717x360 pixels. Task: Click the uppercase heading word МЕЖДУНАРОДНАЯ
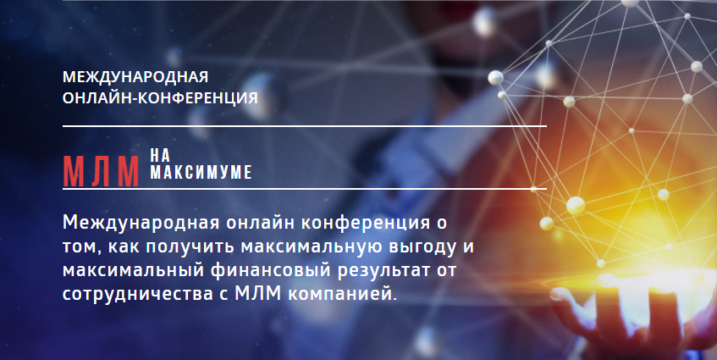[135, 77]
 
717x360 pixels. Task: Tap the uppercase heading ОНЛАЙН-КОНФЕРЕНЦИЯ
[160, 98]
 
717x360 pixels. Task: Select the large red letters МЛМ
[101, 172]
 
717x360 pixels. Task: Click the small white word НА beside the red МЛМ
[160, 156]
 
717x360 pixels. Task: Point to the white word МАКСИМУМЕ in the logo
[201, 173]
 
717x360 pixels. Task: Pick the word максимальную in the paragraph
[311, 247]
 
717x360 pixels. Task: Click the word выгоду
[422, 247]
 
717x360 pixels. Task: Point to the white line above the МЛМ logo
[305, 125]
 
